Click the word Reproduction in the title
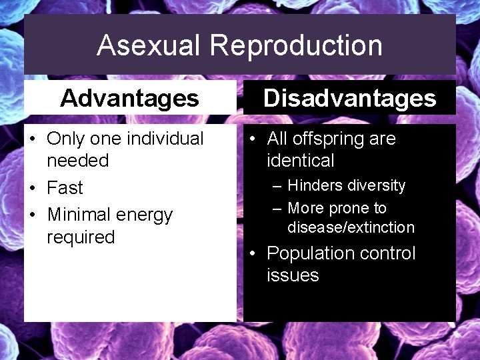(296, 46)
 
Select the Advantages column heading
(129, 99)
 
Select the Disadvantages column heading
(349, 99)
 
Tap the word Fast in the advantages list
(65, 188)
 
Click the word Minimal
(79, 215)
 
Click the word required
(81, 237)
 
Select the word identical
(300, 161)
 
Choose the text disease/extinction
(351, 227)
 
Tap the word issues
(293, 275)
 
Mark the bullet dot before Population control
(254, 254)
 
